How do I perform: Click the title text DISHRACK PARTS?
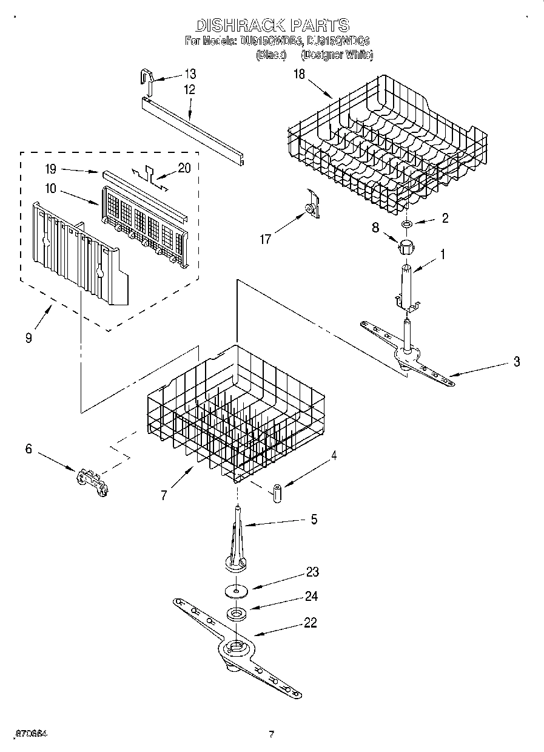272,25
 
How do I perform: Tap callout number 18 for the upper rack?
299,75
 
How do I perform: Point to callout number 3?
516,362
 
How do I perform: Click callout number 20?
184,168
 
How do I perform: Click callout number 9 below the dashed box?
29,338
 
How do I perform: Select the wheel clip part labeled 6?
92,481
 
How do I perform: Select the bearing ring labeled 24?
236,614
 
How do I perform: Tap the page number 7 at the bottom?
272,735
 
